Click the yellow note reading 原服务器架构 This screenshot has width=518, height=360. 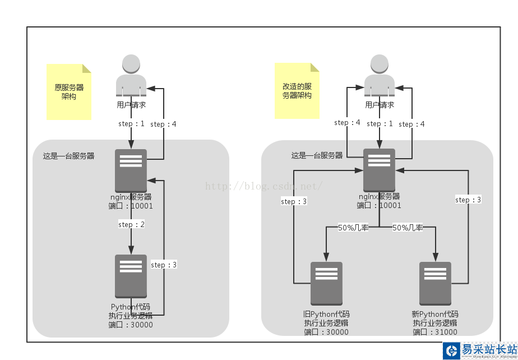[69, 91]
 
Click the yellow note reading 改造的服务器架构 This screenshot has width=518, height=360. [297, 90]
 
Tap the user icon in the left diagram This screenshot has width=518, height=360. [131, 76]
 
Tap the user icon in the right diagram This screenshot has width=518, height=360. [380, 76]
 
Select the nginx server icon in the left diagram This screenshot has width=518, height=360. [131, 170]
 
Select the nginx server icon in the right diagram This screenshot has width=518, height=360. [379, 170]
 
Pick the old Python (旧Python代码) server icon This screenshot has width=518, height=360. [326, 283]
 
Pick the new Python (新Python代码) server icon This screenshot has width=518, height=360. [435, 283]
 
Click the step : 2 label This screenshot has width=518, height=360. [131, 225]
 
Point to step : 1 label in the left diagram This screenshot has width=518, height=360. [131, 124]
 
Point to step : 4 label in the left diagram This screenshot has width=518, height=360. [163, 124]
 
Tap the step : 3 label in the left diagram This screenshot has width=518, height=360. [164, 265]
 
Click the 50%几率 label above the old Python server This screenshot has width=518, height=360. [353, 228]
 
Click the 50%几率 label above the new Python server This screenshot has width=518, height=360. [408, 228]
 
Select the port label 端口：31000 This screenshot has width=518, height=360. [435, 332]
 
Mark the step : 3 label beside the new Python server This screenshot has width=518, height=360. [468, 200]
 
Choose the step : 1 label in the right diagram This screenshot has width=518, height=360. [380, 124]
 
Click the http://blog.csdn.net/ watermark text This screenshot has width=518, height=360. [263, 186]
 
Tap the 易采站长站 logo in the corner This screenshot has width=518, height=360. [480, 350]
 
